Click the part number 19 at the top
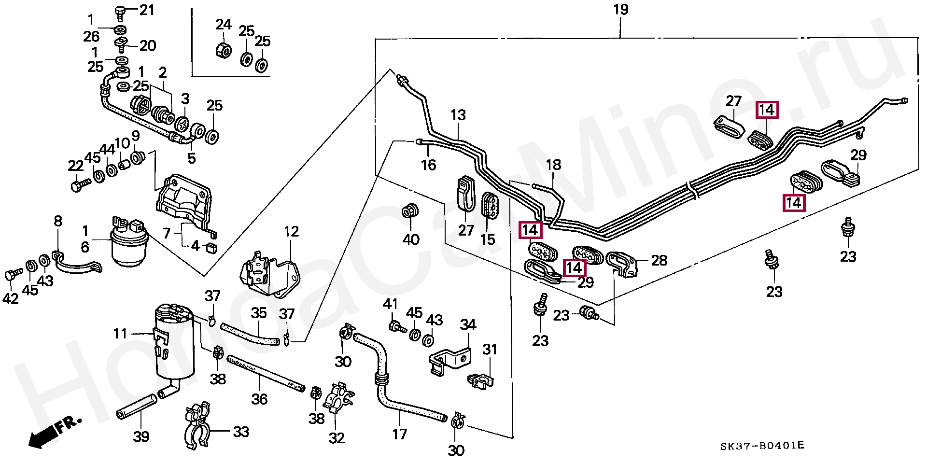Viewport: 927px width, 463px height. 621,10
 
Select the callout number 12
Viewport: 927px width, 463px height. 291,232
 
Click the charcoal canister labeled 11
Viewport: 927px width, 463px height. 174,343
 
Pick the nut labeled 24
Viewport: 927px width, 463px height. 224,49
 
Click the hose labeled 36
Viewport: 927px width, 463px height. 266,374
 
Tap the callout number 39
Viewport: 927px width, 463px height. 141,436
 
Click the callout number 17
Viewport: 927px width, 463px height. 399,435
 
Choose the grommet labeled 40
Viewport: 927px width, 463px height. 410,211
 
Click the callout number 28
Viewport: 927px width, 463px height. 659,261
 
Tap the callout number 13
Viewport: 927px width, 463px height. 458,115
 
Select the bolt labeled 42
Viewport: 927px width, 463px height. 13,275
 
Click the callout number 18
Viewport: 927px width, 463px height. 553,165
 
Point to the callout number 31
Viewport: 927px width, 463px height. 490,349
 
